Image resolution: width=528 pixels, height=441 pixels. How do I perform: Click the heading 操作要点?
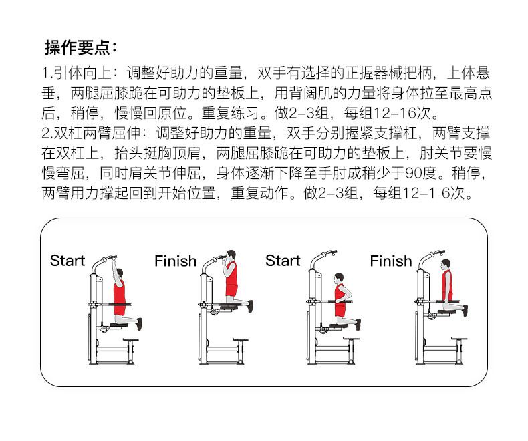(x=80, y=47)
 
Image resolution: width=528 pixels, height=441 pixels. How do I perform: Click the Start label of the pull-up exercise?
(x=68, y=261)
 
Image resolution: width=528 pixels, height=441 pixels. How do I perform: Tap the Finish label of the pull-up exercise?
(x=175, y=261)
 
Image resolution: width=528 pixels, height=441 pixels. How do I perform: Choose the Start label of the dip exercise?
(x=283, y=261)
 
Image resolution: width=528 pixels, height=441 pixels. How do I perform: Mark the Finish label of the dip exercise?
(x=391, y=261)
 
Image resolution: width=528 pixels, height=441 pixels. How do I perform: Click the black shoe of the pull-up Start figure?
(x=139, y=324)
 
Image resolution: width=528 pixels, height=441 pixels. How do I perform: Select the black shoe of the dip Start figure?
(x=358, y=325)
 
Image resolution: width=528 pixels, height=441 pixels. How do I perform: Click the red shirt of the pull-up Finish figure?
(x=231, y=275)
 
